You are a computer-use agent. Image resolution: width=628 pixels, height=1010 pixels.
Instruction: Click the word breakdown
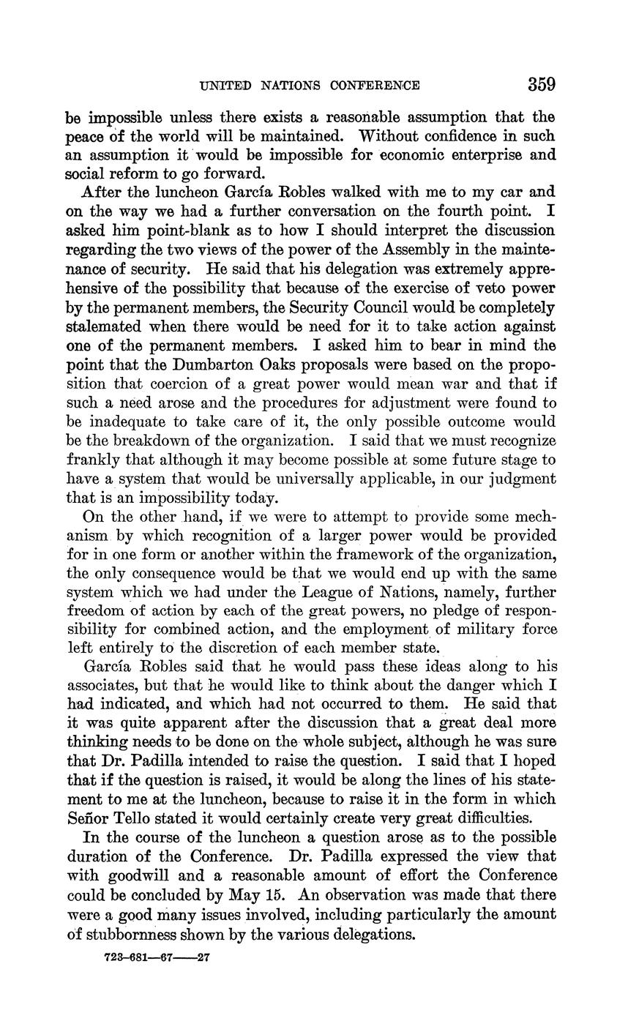[x=159, y=441]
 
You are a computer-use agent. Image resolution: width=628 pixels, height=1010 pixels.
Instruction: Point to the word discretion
[x=231, y=649]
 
